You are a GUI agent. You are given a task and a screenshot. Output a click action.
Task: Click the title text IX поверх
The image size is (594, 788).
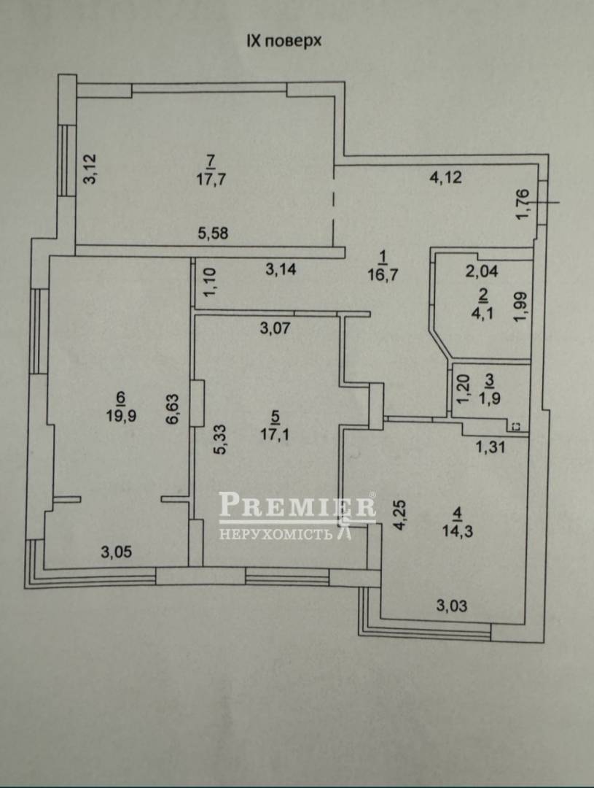(284, 41)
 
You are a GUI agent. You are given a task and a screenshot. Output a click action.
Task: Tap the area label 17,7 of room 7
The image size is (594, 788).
(211, 179)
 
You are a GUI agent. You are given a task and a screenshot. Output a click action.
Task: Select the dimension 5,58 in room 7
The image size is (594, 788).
(212, 233)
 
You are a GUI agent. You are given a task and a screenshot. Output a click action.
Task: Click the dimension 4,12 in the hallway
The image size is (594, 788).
(445, 177)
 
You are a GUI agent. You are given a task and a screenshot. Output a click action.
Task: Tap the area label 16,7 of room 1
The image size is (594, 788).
(383, 275)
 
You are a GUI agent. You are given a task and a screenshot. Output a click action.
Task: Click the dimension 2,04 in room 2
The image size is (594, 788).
(482, 272)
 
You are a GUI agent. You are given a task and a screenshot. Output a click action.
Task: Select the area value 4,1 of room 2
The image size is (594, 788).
(483, 313)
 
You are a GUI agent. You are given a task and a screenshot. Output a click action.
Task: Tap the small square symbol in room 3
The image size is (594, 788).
(517, 427)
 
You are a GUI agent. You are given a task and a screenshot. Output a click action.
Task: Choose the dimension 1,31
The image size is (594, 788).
(489, 447)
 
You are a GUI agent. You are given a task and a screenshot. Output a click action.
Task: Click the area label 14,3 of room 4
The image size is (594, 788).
(458, 531)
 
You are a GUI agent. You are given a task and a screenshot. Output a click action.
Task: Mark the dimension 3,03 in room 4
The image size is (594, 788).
(451, 606)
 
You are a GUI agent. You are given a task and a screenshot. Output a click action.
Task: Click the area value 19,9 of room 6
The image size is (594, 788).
(121, 416)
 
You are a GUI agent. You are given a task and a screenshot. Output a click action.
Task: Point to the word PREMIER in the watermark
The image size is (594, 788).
(297, 505)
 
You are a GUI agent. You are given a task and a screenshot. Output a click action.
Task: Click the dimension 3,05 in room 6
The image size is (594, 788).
(117, 552)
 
